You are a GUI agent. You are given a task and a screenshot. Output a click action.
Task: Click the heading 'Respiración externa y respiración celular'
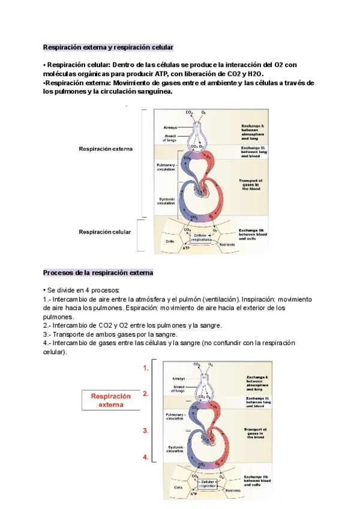pos(108,47)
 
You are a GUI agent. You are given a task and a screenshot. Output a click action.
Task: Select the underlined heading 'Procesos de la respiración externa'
pos(98,273)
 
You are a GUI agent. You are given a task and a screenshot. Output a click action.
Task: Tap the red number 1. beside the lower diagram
pos(146,369)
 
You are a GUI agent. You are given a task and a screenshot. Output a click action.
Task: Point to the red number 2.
pos(146,394)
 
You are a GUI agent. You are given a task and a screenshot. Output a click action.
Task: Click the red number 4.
pos(146,457)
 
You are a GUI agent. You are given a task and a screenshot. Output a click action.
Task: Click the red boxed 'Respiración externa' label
pos(110,400)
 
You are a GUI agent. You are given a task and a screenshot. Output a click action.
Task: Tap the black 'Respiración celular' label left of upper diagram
pos(104,232)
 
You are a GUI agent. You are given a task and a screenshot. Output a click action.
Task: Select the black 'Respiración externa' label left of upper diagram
pos(106,149)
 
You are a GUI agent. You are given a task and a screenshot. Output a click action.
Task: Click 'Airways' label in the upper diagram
pos(170,127)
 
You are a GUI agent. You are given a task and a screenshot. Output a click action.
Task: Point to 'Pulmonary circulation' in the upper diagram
pos(166,167)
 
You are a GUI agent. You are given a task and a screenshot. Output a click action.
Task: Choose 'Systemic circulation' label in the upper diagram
pos(166,201)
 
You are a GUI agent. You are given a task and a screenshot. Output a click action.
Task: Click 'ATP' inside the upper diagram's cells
pos(185,247)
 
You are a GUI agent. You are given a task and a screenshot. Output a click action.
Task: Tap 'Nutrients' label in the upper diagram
pos(227,245)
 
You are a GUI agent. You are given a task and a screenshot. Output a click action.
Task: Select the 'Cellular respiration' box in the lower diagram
pos(208,483)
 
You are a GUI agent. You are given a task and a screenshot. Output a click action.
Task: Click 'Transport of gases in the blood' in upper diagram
pos(250,184)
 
